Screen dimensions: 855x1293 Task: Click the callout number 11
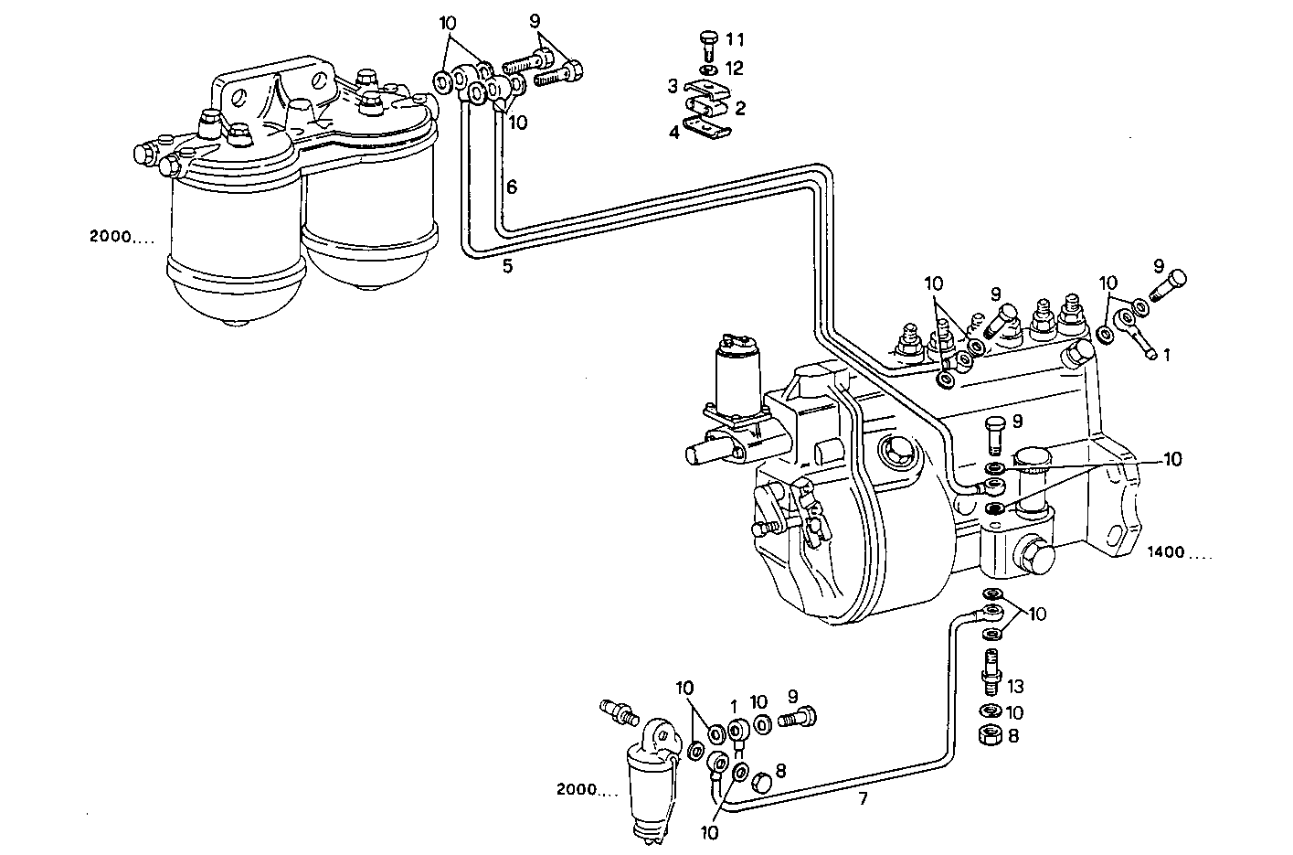click(735, 39)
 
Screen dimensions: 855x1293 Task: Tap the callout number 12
click(735, 69)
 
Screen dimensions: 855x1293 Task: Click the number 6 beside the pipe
click(512, 187)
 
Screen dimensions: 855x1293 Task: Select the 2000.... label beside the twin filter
click(122, 237)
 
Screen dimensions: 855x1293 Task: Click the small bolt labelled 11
click(706, 45)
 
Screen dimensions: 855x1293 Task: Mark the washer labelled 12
click(707, 69)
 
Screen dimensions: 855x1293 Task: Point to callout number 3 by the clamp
click(673, 86)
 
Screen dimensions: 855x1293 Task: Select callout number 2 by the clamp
click(740, 108)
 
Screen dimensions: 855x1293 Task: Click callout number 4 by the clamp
click(673, 132)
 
